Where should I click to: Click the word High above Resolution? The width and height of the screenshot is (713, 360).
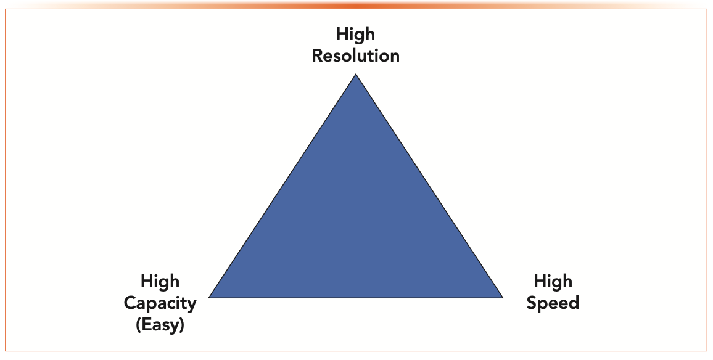[x=355, y=33]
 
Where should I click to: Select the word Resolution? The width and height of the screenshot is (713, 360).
[x=355, y=56]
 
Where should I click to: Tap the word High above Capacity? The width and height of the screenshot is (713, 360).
[x=160, y=282]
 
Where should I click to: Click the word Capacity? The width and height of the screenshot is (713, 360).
[x=160, y=303]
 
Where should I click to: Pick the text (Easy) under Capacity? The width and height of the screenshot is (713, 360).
[x=160, y=324]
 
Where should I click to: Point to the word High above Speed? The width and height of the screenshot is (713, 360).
[x=553, y=282]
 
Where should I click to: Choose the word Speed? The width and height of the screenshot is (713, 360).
[x=553, y=303]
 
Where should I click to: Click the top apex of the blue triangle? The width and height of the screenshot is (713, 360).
[x=356, y=76]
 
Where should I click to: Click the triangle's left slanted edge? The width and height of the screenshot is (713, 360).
[x=282, y=186]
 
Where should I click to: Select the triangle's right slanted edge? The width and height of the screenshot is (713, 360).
[x=429, y=186]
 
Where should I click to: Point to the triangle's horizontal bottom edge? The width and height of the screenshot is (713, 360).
[x=356, y=297]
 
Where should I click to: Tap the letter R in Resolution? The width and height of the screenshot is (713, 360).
[x=318, y=56]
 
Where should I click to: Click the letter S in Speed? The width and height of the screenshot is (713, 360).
[x=532, y=303]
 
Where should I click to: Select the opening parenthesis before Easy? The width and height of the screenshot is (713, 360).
[x=138, y=325]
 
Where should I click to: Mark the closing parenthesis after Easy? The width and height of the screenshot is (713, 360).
[x=182, y=325]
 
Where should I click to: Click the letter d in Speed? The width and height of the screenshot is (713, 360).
[x=574, y=303]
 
